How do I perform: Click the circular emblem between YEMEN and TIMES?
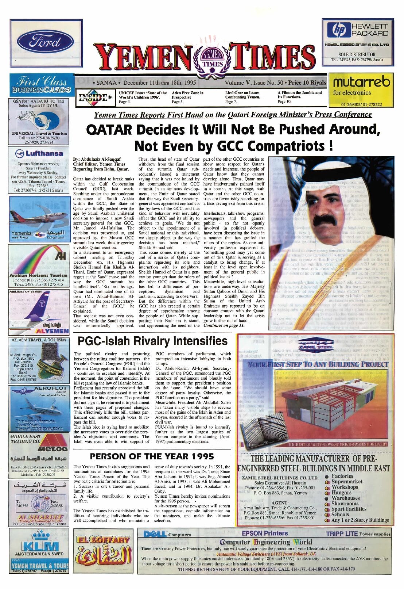point(212,58)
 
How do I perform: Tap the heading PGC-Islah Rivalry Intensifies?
point(153,341)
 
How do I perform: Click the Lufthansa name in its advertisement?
point(44,153)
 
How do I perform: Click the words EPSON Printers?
point(265,533)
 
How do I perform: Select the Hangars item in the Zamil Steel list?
point(341,493)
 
